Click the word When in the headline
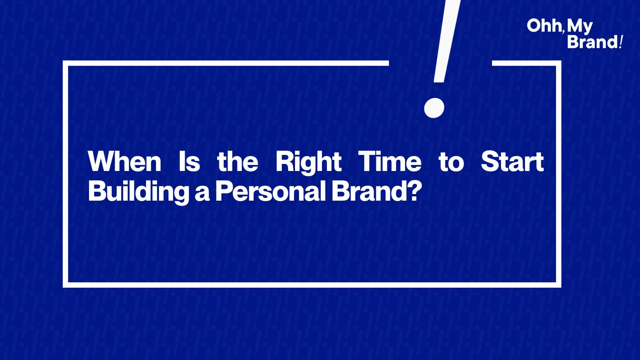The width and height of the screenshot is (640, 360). (x=125, y=161)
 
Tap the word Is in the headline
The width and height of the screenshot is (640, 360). (x=189, y=161)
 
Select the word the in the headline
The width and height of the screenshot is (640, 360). (x=238, y=161)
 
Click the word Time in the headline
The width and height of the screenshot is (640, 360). (x=390, y=161)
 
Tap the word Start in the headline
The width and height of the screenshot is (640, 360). (x=512, y=161)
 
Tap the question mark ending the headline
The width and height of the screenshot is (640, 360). (x=415, y=190)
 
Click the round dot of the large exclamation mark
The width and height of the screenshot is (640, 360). (x=434, y=108)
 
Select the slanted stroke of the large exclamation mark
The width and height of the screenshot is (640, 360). (x=447, y=41)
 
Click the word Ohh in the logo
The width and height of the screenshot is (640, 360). (x=544, y=26)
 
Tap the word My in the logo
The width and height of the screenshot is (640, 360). (x=580, y=27)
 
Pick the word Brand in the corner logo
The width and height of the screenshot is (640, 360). (x=593, y=42)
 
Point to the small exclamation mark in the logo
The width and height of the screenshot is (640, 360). (x=621, y=42)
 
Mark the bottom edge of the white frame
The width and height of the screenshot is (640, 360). (x=312, y=285)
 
